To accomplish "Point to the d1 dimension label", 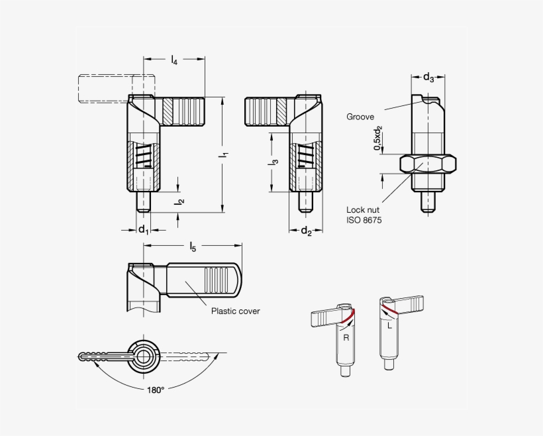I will pyautogui.click(x=143, y=229).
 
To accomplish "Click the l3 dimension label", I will pyautogui.click(x=275, y=162).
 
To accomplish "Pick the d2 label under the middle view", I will pyautogui.click(x=307, y=231).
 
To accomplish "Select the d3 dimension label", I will pyautogui.click(x=429, y=78).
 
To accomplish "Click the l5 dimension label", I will pyautogui.click(x=193, y=247).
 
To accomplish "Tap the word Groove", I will pyautogui.click(x=360, y=117).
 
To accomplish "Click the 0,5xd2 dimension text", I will pyautogui.click(x=378, y=139).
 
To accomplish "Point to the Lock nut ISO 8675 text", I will pyautogui.click(x=364, y=215).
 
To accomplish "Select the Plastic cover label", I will pyautogui.click(x=235, y=311).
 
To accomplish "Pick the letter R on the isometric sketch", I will pyautogui.click(x=345, y=337).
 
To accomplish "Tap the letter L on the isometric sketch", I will pyautogui.click(x=389, y=326).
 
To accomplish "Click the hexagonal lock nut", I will pyautogui.click(x=428, y=163).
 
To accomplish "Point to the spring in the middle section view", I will pyautogui.click(x=305, y=157).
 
